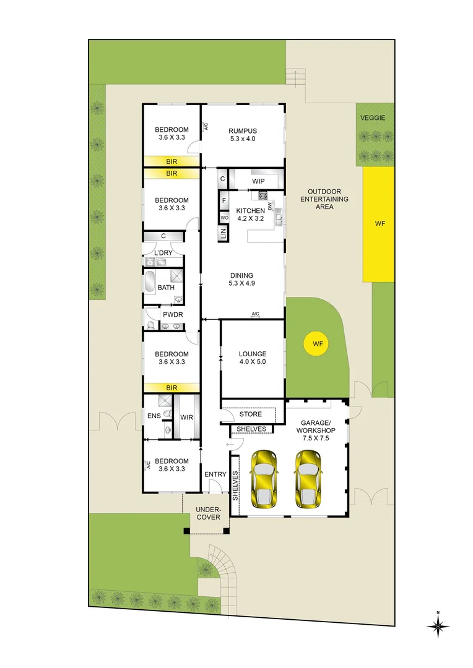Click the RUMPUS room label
pyautogui.click(x=242, y=131)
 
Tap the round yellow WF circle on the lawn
pyautogui.click(x=318, y=343)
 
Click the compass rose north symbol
pyautogui.click(x=438, y=626)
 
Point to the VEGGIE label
pyautogui.click(x=374, y=118)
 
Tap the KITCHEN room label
pyautogui.click(x=250, y=211)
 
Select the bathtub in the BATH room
pyautogui.click(x=150, y=282)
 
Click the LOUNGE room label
pyautogui.click(x=252, y=354)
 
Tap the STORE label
pyautogui.click(x=251, y=414)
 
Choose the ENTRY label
pyautogui.click(x=215, y=474)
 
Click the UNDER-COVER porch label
pyautogui.click(x=208, y=513)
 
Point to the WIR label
pyautogui.click(x=186, y=417)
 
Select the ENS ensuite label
pyautogui.click(x=154, y=416)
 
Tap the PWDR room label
pyautogui.click(x=171, y=314)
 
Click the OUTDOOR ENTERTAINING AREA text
pyautogui.click(x=324, y=199)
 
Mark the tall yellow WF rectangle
pyautogui.click(x=378, y=224)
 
